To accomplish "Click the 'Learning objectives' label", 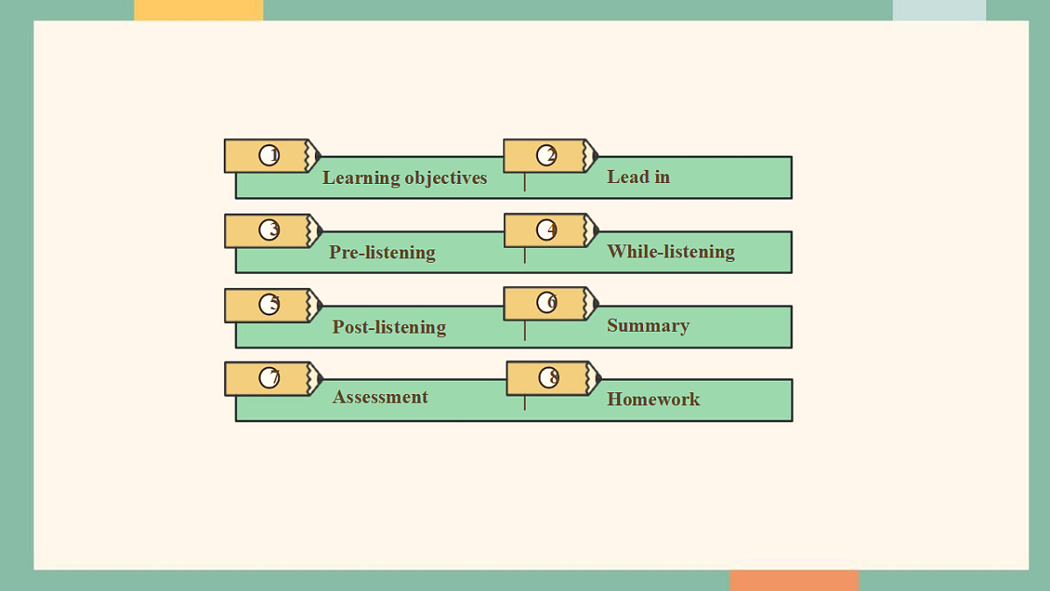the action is point(404,179).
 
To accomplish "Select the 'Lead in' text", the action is point(639,177).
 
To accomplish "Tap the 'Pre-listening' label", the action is point(382,252).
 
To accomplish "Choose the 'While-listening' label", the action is point(671,252).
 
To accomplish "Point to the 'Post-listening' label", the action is point(389,327).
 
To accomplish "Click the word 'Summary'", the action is point(648,326).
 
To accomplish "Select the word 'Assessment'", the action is point(380,397).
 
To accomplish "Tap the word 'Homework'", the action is point(654,399).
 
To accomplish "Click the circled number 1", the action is point(269,155).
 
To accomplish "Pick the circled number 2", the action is point(547,155).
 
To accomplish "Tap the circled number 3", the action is point(269,229).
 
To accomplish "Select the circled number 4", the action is point(547,229).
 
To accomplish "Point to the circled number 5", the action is point(269,305).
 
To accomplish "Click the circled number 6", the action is point(547,303).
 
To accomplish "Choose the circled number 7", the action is point(269,377).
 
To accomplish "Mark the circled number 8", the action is point(549,377).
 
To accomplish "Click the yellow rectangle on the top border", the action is point(199,11).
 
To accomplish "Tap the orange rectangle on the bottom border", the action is point(794,580).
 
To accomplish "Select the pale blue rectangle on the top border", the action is point(940,11).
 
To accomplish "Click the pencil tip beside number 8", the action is point(600,378).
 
